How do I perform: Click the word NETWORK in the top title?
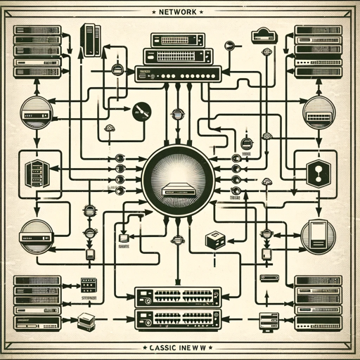pos(180,13)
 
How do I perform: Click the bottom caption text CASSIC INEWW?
pos(179,347)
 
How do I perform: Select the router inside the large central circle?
pos(179,188)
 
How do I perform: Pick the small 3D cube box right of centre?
pos(214,240)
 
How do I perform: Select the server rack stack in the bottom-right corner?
pos(317,302)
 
